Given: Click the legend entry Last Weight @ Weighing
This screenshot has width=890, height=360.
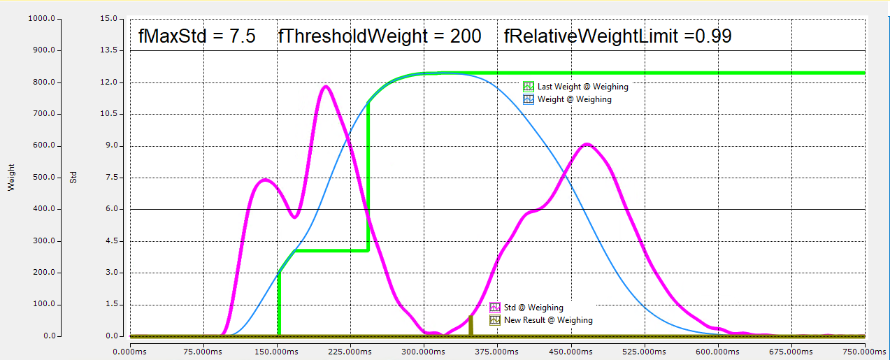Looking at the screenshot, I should [x=582, y=87].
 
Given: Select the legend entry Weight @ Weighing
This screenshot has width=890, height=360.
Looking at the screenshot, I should [x=574, y=99].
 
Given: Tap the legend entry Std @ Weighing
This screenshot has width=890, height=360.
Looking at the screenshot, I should [x=533, y=308].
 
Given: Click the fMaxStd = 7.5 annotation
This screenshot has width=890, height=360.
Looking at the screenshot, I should [x=197, y=36].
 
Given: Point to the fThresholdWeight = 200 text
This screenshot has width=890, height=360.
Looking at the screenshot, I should [x=380, y=36].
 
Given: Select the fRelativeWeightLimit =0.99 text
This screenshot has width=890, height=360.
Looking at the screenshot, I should [x=618, y=36].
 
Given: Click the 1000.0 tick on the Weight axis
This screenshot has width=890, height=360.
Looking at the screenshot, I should [x=41, y=19].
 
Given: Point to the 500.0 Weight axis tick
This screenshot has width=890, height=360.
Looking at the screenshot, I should [x=43, y=178].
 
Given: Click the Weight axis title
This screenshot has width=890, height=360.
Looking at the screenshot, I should [x=11, y=178].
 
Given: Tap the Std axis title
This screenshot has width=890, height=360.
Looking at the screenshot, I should [x=73, y=178].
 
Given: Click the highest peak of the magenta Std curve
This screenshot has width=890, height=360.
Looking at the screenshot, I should [x=326, y=86].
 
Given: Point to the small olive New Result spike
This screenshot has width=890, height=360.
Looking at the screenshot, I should [x=471, y=325].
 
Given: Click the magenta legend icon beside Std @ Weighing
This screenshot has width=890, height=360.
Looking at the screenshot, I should [x=495, y=308].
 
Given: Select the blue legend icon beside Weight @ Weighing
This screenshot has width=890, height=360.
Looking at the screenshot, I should [x=529, y=99].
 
